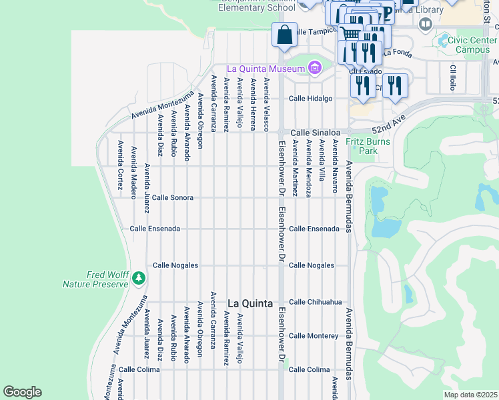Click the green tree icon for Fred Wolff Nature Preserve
pyautogui.click(x=138, y=277)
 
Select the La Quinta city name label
pyautogui.click(x=250, y=303)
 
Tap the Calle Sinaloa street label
pyautogui.click(x=310, y=132)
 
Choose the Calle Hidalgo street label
pyautogui.click(x=310, y=99)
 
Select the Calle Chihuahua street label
pyautogui.click(x=315, y=302)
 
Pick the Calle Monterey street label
pyautogui.click(x=314, y=336)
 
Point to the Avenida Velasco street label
pyautogui.click(x=266, y=105)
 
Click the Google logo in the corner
pyautogui.click(x=23, y=392)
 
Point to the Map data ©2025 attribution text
pyautogui.click(x=470, y=395)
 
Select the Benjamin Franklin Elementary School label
pyautogui.click(x=257, y=5)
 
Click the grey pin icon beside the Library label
pyautogui.click(x=425, y=25)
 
